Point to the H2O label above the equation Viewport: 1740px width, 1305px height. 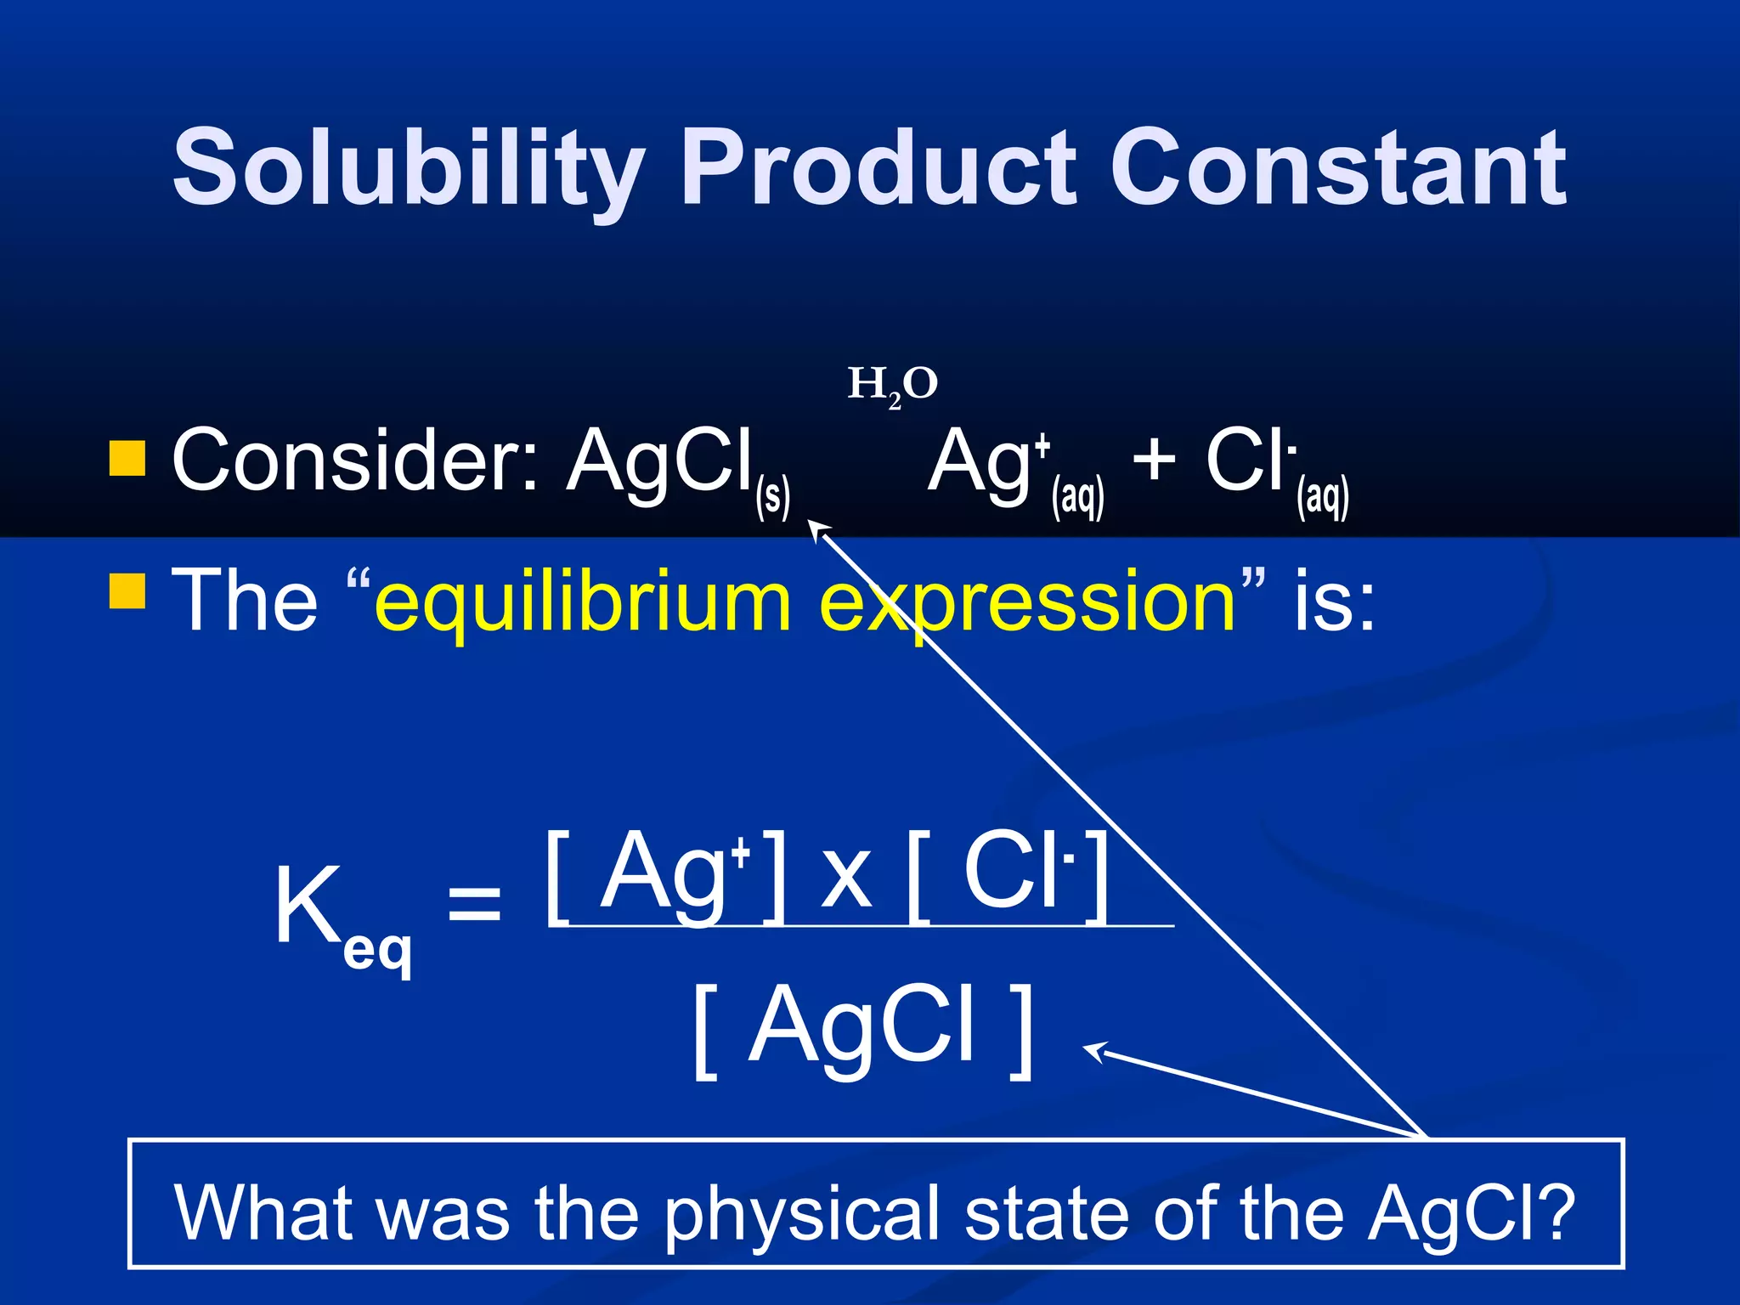892,385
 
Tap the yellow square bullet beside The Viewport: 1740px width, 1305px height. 127,591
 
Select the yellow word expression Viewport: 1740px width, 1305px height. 1028,602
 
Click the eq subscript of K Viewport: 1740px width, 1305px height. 377,952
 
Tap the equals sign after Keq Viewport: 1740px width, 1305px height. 474,902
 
